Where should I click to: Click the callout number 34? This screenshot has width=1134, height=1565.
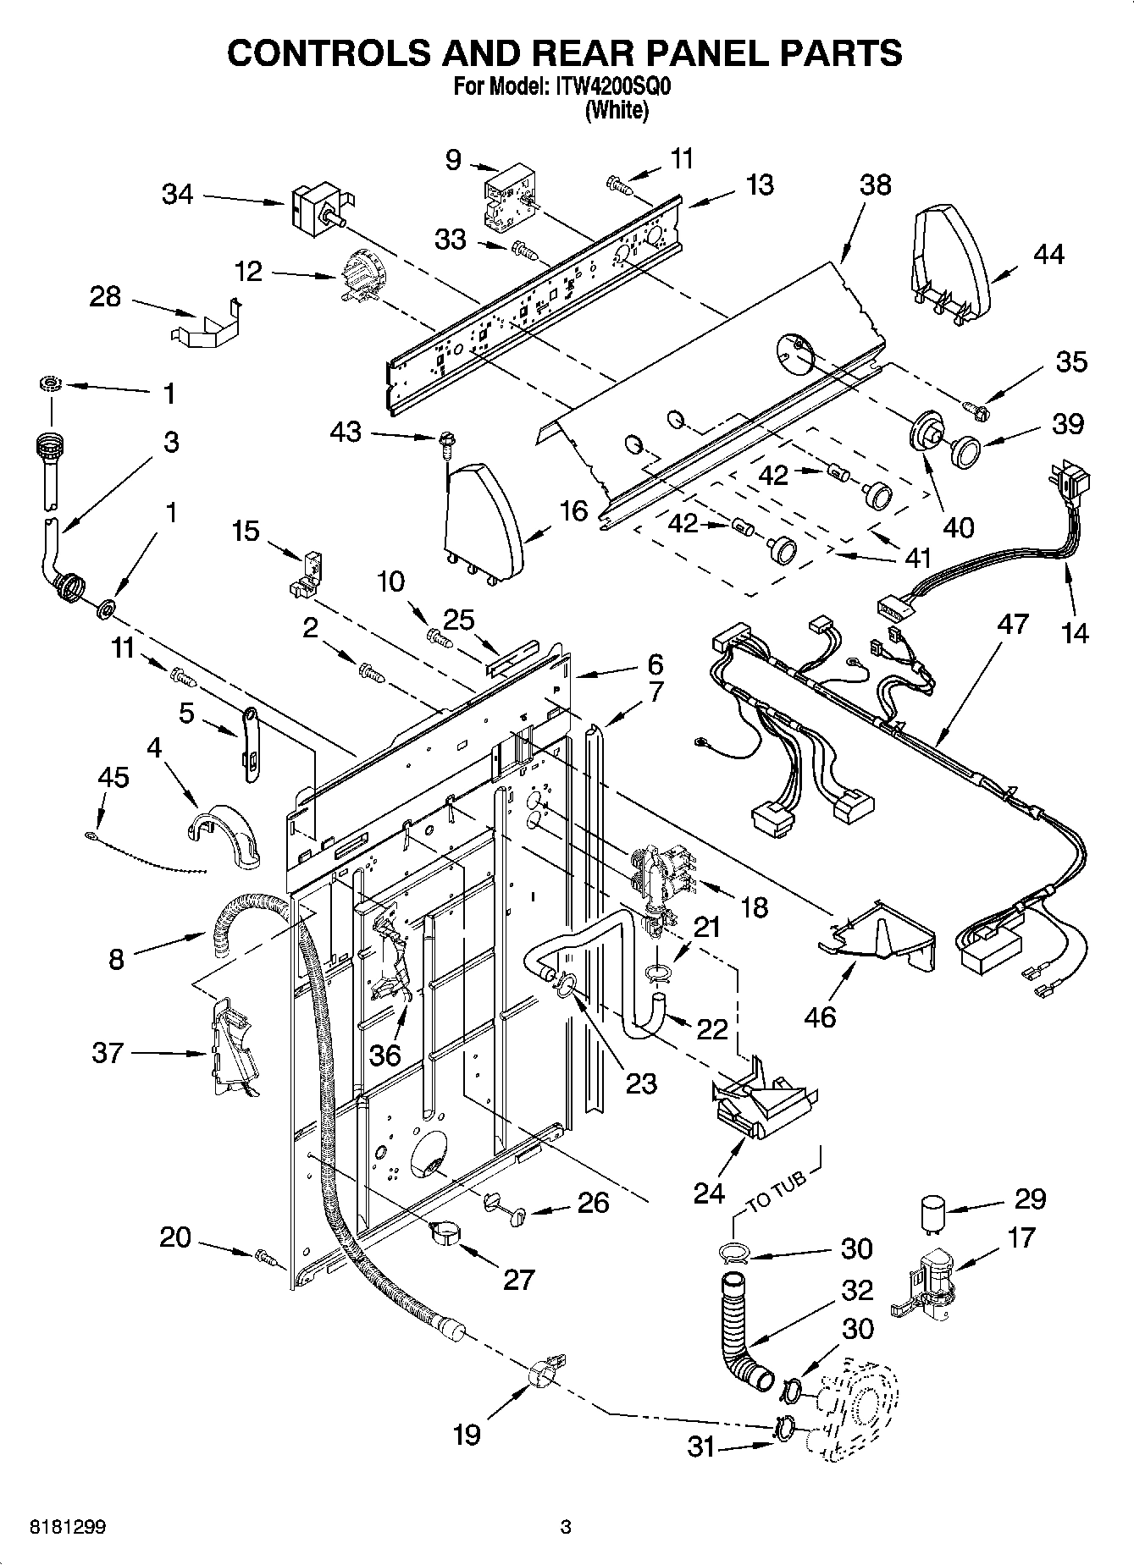(x=178, y=195)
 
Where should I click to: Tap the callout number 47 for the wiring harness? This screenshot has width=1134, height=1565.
(x=1012, y=625)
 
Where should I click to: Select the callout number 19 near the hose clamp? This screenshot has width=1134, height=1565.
(x=467, y=1433)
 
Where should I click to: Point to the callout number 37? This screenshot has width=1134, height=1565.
(x=108, y=1053)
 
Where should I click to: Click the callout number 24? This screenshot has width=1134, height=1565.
(x=709, y=1193)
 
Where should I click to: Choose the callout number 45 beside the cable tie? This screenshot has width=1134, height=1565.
(x=113, y=777)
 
